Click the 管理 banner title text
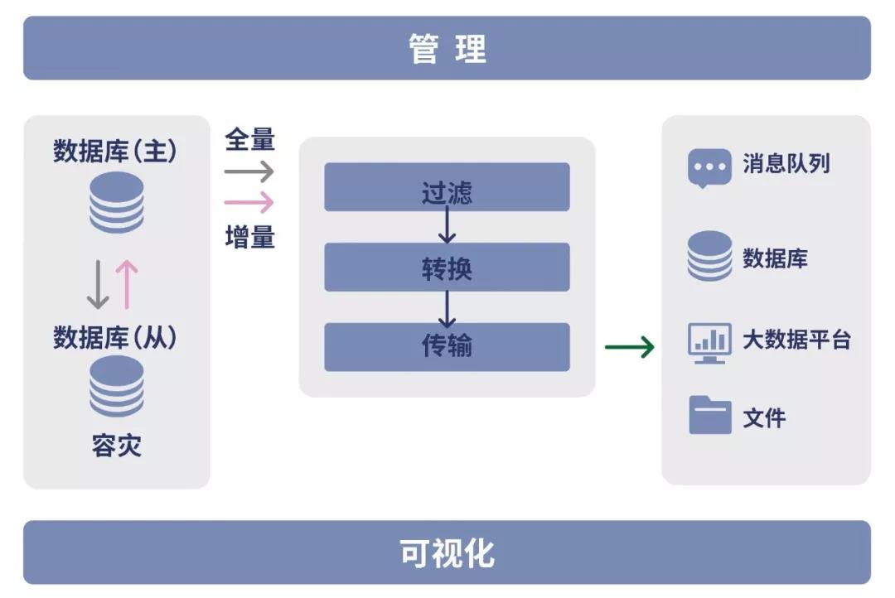447,49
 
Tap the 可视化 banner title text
447,552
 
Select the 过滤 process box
447,186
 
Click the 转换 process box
447,267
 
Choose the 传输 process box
447,346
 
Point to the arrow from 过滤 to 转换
447,224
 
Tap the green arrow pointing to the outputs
630,346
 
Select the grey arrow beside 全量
249,171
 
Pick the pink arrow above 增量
249,202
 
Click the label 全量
249,139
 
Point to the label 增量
249,238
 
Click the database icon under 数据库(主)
116,202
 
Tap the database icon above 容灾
116,386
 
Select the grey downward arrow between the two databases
99,284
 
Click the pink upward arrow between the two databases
127,284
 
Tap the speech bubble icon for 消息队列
709,167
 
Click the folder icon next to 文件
709,415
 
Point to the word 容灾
116,446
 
